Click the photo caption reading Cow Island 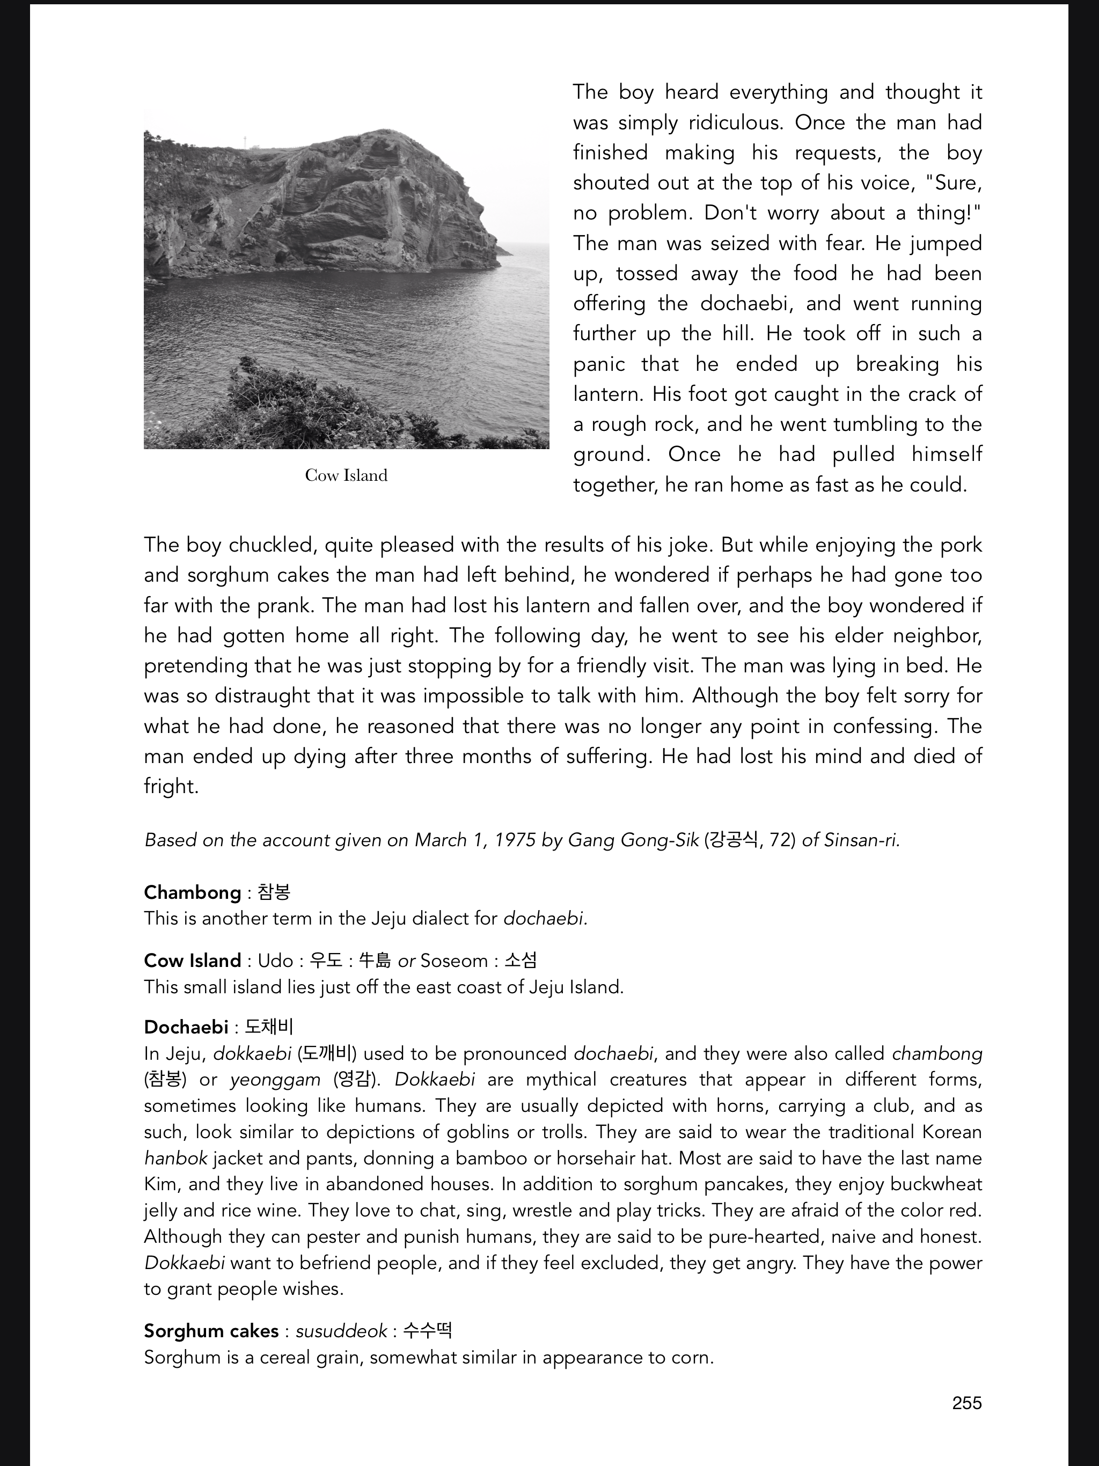[346, 475]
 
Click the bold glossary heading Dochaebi [186, 1027]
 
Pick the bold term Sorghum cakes [211, 1331]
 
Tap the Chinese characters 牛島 [375, 961]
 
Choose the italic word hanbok [175, 1158]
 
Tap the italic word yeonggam [275, 1080]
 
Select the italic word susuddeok [341, 1331]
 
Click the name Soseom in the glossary [454, 961]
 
